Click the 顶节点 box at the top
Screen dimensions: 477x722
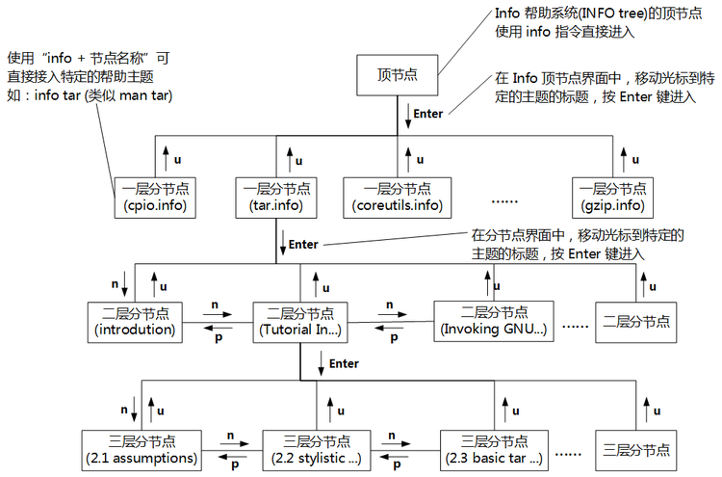click(398, 75)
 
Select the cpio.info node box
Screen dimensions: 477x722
click(155, 197)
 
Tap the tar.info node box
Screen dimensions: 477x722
click(273, 197)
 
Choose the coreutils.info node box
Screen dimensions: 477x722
click(397, 197)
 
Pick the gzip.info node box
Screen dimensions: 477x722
click(609, 197)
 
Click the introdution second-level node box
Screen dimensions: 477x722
click(135, 321)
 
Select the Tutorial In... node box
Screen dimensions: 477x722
click(300, 321)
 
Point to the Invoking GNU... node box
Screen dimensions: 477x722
click(494, 321)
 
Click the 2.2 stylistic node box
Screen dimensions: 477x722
click(317, 449)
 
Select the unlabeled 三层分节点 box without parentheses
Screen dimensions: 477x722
click(635, 449)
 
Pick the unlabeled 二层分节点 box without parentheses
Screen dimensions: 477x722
click(633, 321)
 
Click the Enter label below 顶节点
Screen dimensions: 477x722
click(427, 114)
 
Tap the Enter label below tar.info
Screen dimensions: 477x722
click(303, 245)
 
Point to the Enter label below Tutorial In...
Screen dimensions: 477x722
click(344, 364)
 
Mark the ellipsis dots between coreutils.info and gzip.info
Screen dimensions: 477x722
click(505, 201)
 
